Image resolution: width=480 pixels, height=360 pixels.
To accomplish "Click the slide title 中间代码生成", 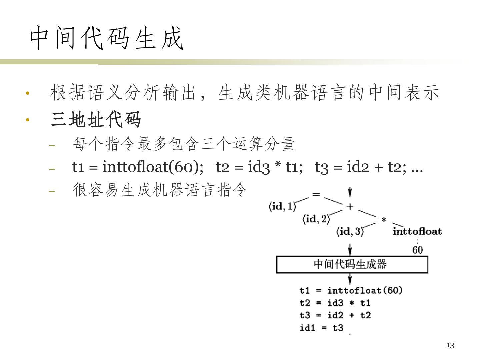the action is pos(107,38).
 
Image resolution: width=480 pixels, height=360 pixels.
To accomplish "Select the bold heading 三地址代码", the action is pos(96,119).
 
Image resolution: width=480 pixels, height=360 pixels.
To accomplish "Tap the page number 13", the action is pos(450,345).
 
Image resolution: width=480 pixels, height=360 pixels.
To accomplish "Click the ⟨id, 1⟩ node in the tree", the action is pos(282,207).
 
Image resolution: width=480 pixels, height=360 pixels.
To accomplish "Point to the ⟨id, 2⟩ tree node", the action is pos(316,219).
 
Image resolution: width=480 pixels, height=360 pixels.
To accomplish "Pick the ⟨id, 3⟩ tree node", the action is pos(350,231).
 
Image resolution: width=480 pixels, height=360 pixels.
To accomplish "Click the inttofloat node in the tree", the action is pos(417,231).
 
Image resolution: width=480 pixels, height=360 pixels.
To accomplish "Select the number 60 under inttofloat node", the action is pos(417,250).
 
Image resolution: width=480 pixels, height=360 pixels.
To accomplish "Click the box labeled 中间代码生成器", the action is pos(352,265).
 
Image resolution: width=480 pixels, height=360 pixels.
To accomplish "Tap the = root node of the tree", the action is pos(316,194).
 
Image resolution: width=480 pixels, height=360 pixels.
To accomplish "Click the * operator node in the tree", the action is pos(384,220).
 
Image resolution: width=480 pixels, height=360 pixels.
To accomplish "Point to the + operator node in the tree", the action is pos(350,207).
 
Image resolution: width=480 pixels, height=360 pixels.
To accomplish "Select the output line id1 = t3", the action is pos(321,328).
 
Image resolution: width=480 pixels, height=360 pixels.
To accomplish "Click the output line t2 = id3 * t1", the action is pos(335,303).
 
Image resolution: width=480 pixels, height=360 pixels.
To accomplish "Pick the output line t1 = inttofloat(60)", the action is pos(351,291).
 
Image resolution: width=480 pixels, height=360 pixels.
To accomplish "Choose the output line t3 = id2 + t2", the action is pos(335,315).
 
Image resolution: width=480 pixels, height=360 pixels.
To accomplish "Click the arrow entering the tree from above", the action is pos(350,193).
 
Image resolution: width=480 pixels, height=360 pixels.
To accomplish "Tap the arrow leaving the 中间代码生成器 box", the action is pos(350,279).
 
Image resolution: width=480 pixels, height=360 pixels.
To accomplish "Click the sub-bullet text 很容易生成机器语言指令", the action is pos(160,191).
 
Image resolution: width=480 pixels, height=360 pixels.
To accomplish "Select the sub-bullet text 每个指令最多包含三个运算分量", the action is pos(184,144).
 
